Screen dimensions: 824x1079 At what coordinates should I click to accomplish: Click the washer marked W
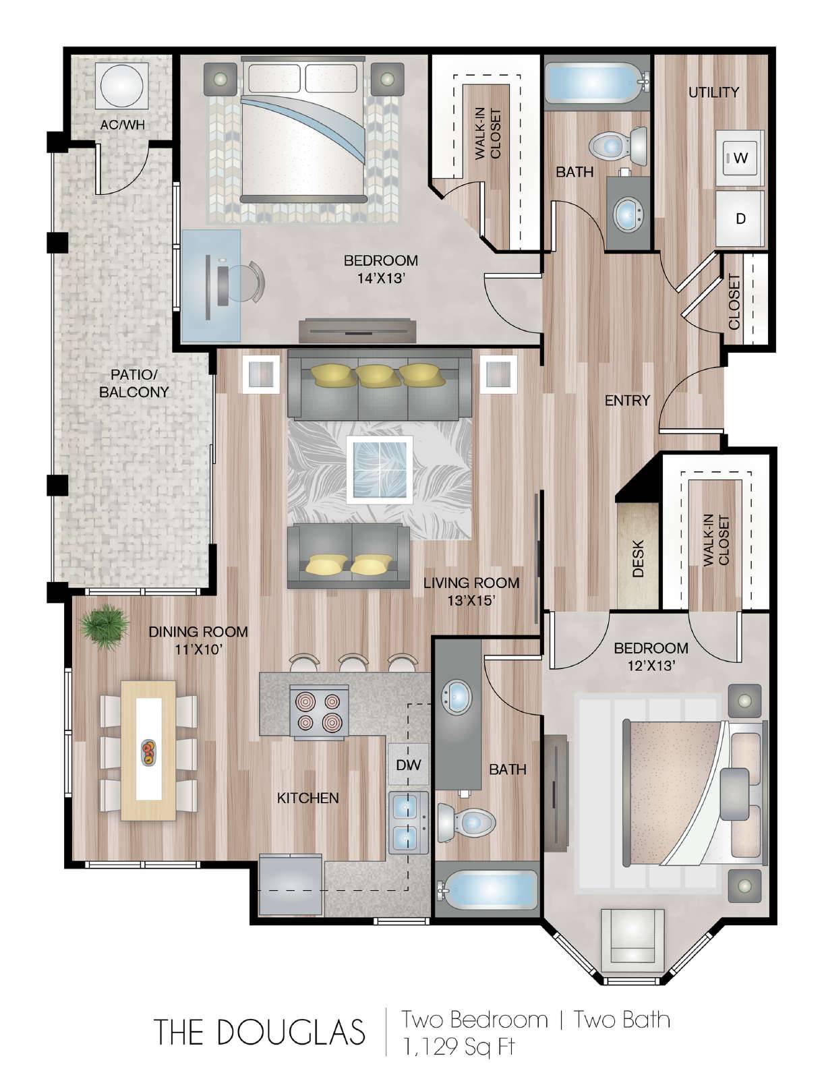740,158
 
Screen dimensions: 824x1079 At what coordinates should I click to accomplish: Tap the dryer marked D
740,218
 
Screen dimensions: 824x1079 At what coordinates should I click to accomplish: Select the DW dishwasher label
409,765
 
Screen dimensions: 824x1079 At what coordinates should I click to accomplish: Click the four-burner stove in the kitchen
320,712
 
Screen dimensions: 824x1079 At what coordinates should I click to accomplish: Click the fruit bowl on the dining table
148,753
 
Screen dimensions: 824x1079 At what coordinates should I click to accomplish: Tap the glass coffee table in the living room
379,469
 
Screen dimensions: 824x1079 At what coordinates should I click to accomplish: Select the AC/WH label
122,125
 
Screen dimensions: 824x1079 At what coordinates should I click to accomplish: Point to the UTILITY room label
713,92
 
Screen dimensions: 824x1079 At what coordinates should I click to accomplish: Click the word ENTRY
628,401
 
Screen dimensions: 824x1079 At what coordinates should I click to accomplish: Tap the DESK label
638,558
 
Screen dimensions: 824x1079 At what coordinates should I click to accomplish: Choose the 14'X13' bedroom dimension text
381,279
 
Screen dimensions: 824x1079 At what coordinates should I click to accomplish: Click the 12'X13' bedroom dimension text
650,666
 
